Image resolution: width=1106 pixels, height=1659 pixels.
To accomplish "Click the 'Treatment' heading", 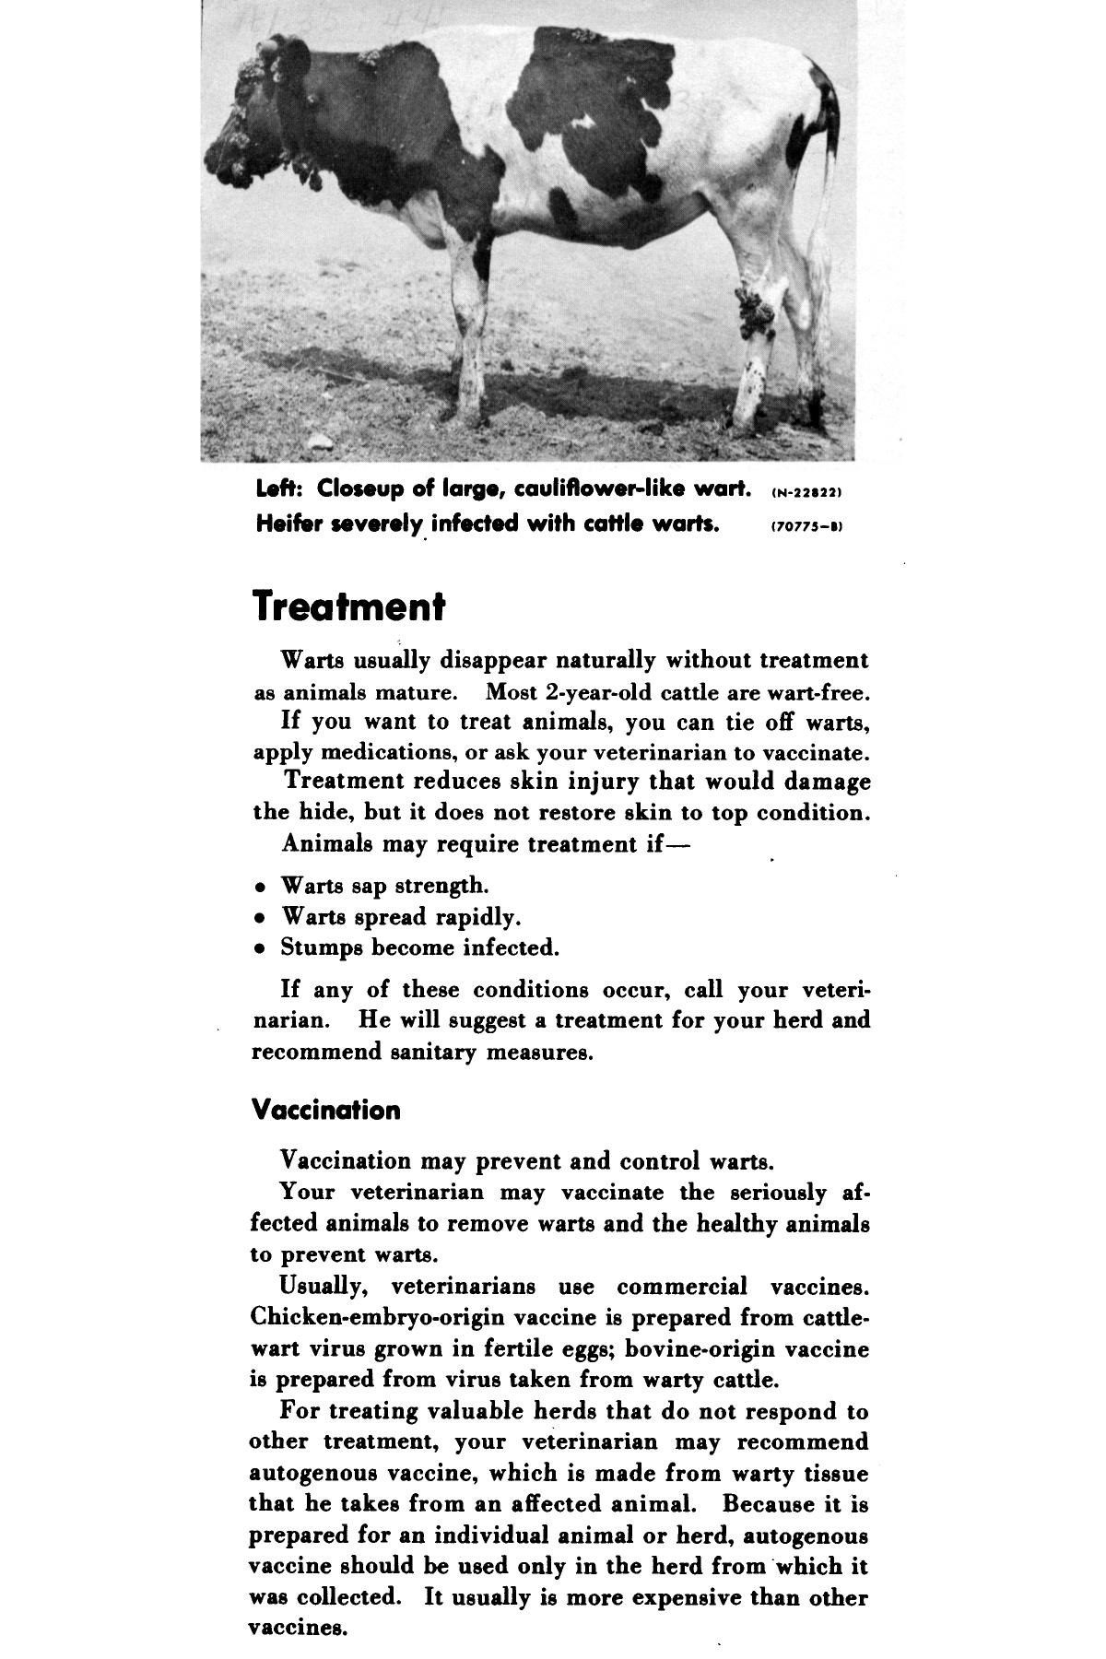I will (x=348, y=606).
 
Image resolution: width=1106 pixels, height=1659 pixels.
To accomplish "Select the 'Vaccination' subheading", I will (x=326, y=1110).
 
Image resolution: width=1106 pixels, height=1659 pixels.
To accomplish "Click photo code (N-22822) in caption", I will (x=807, y=492).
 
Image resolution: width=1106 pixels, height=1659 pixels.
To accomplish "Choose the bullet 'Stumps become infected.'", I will (x=419, y=947).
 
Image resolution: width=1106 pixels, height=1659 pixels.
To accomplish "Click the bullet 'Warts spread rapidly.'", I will (x=401, y=917).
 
